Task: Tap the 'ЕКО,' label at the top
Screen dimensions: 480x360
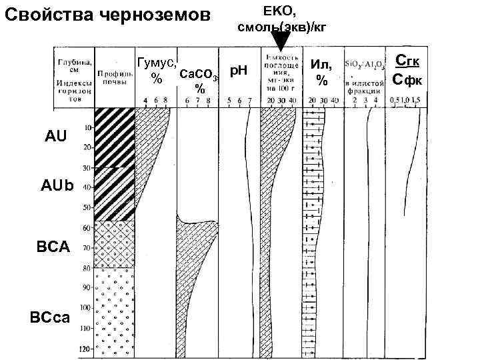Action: click(x=281, y=10)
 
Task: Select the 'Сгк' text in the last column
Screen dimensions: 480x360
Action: click(x=407, y=62)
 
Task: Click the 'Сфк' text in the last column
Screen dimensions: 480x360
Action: click(x=407, y=80)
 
